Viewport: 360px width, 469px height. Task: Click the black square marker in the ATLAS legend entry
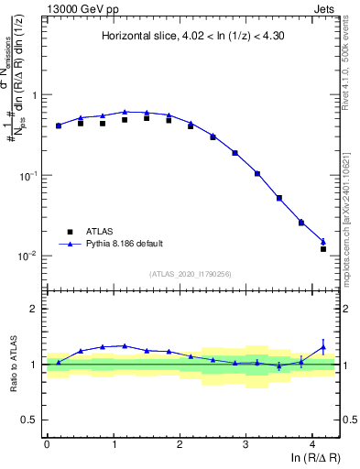(x=67, y=231)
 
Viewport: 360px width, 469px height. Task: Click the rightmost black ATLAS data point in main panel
(x=323, y=248)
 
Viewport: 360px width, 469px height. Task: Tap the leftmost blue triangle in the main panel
(x=58, y=125)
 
